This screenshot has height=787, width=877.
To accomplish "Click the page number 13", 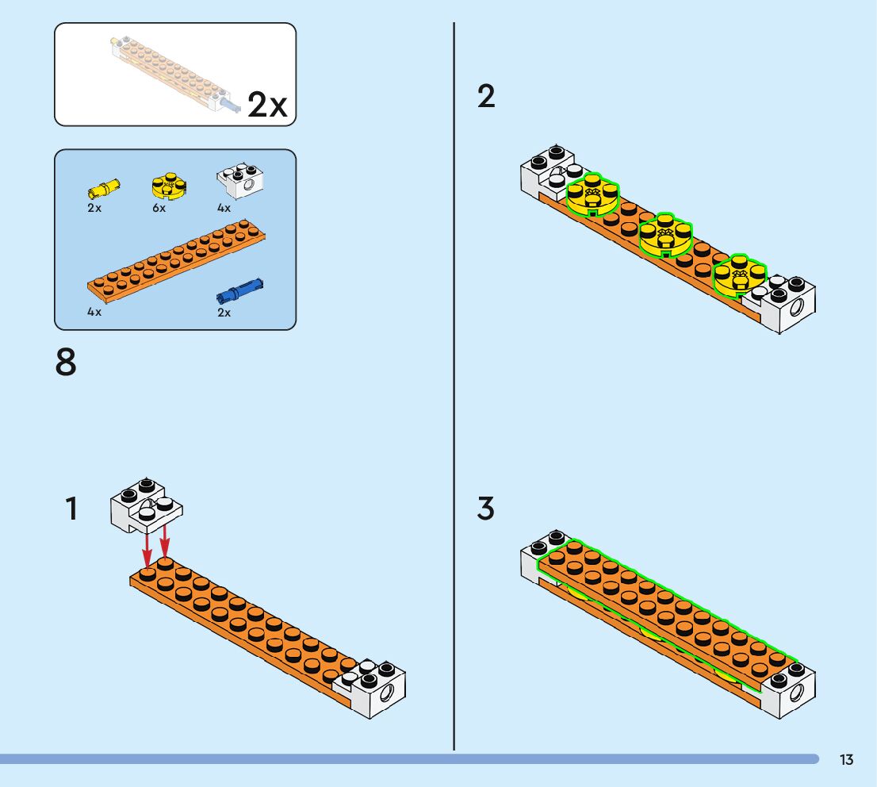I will (847, 760).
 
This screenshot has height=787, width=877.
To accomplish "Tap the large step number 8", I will (67, 363).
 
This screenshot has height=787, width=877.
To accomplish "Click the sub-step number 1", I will (71, 509).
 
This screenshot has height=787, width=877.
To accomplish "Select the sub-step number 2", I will (486, 97).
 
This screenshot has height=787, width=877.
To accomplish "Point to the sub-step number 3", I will (486, 509).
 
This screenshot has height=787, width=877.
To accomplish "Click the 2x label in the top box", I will (267, 105).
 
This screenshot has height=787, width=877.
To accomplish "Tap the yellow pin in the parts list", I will (104, 188).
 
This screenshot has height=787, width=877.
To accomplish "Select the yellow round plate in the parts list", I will (168, 185).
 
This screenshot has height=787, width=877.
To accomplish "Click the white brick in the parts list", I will (240, 182).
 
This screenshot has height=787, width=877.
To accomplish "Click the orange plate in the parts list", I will (176, 259).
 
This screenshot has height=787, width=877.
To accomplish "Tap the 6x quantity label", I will (159, 209).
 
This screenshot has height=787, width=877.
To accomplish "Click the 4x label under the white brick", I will (224, 209).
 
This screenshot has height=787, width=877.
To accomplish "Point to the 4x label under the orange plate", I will (94, 313).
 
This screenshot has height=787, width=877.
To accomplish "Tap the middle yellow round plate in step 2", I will (665, 234).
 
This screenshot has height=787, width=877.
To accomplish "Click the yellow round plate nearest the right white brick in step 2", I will (740, 275).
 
